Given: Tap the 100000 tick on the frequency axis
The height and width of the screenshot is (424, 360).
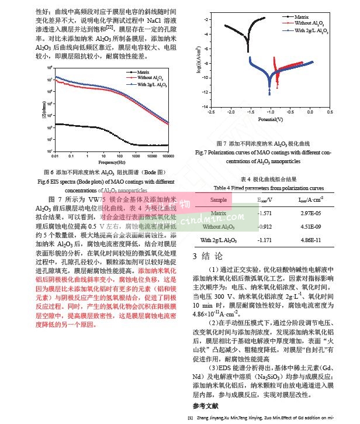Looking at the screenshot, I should pos(168,156).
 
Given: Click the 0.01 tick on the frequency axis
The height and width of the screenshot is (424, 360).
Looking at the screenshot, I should pos(54,156).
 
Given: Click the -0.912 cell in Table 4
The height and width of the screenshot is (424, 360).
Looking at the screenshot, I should pos(266,226).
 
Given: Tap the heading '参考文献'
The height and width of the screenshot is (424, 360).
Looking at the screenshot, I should pos(205,405).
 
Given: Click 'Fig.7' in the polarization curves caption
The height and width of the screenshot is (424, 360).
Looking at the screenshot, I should pos(202,153).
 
